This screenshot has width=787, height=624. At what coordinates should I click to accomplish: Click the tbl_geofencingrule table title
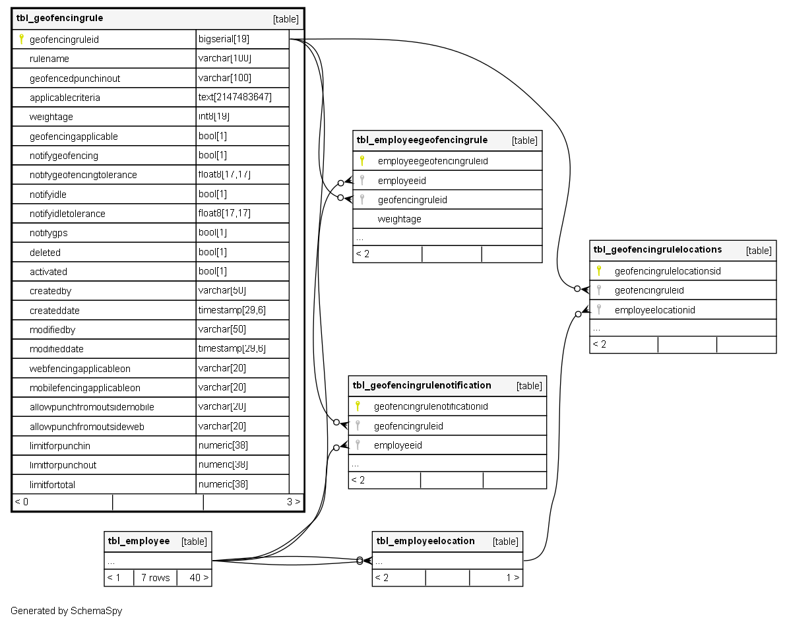(x=59, y=18)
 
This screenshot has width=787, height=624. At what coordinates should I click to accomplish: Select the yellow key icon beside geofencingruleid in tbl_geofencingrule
(x=21, y=40)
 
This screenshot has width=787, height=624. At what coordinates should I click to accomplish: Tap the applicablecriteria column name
(x=65, y=98)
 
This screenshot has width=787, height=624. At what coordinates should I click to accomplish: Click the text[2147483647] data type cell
(x=235, y=98)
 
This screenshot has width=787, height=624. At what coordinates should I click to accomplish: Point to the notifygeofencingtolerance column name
(x=83, y=175)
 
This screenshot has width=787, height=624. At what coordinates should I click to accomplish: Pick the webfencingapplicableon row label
(x=80, y=369)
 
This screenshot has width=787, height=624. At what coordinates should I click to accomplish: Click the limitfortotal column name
(x=52, y=485)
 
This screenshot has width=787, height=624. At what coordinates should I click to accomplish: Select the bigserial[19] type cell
(x=224, y=40)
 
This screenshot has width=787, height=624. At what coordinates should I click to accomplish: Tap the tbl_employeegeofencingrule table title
(x=422, y=140)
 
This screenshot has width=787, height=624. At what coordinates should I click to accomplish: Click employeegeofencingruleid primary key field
(x=433, y=161)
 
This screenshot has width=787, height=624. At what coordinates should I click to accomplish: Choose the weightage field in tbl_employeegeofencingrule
(x=399, y=219)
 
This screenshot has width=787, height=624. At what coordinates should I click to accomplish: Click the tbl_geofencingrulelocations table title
(x=658, y=250)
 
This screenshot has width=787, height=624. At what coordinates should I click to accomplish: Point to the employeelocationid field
(x=654, y=310)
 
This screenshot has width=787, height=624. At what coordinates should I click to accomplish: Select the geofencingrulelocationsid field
(x=668, y=271)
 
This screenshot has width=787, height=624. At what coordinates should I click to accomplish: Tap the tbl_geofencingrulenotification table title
(x=422, y=385)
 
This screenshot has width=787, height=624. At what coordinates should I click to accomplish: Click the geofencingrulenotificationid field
(x=431, y=406)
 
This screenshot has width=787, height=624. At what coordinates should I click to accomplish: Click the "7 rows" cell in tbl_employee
(x=155, y=578)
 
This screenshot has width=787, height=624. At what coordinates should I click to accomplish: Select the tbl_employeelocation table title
(x=425, y=542)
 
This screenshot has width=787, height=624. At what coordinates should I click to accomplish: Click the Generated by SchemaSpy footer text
(x=66, y=611)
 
